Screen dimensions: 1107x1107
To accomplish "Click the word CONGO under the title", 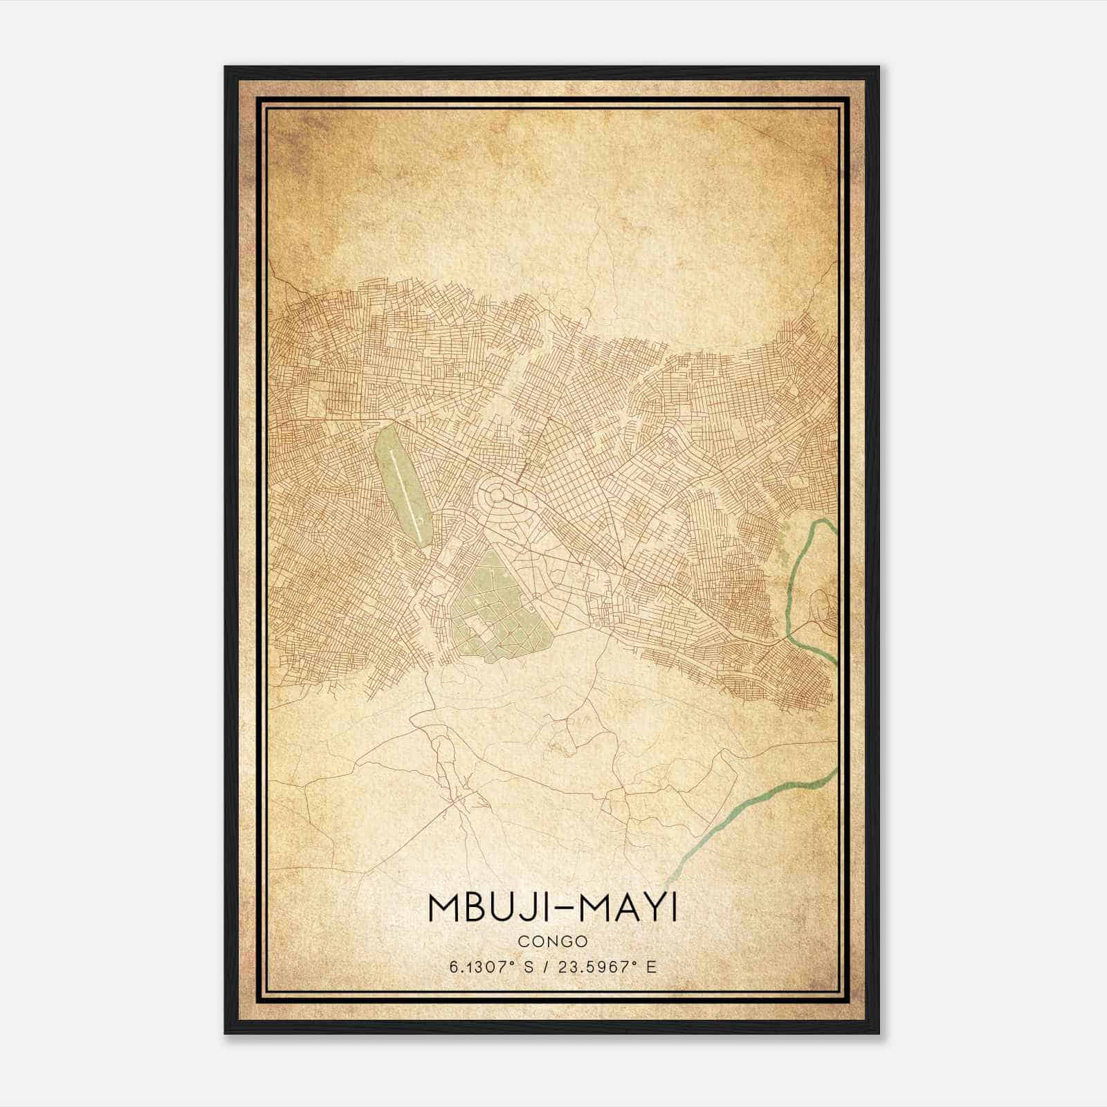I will [x=552, y=941].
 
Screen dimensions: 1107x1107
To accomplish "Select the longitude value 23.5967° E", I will [x=610, y=967].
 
